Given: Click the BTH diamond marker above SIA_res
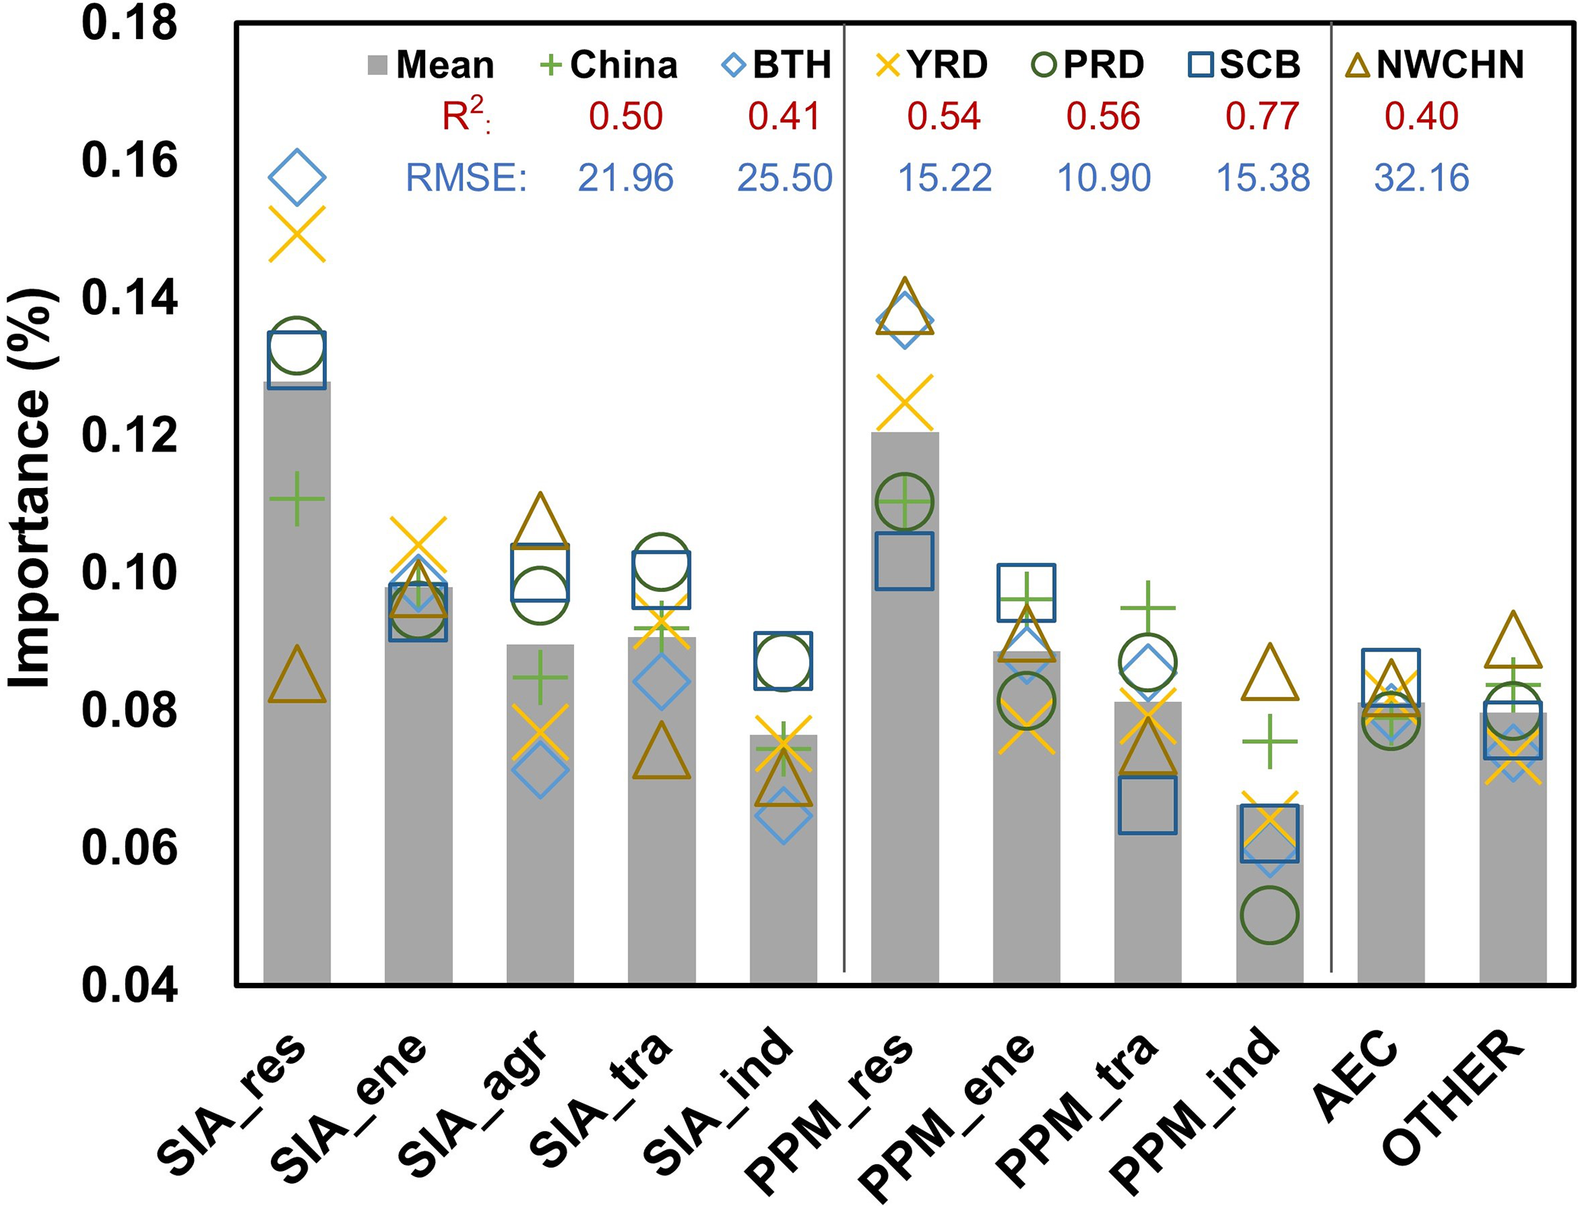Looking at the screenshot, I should click(x=297, y=177).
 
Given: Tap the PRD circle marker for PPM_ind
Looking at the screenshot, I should click(x=1269, y=915).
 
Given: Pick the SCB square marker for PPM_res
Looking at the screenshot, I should click(x=904, y=561).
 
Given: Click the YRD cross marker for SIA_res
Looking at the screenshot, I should click(x=297, y=234).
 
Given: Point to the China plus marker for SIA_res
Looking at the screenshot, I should click(x=297, y=499).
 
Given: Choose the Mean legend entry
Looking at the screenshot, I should click(x=431, y=65).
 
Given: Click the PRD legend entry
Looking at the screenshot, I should click(x=1088, y=65).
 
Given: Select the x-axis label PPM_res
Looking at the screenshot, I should click(x=832, y=1107).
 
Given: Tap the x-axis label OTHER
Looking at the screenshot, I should click(x=1454, y=1100).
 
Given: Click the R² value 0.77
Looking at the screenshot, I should click(x=1262, y=117).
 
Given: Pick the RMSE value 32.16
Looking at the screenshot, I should click(x=1421, y=178).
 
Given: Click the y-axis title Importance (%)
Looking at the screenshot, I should click(x=31, y=489).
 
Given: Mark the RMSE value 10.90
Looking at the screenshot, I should click(x=1103, y=178).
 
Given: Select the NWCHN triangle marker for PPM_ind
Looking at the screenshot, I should click(x=1269, y=674).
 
